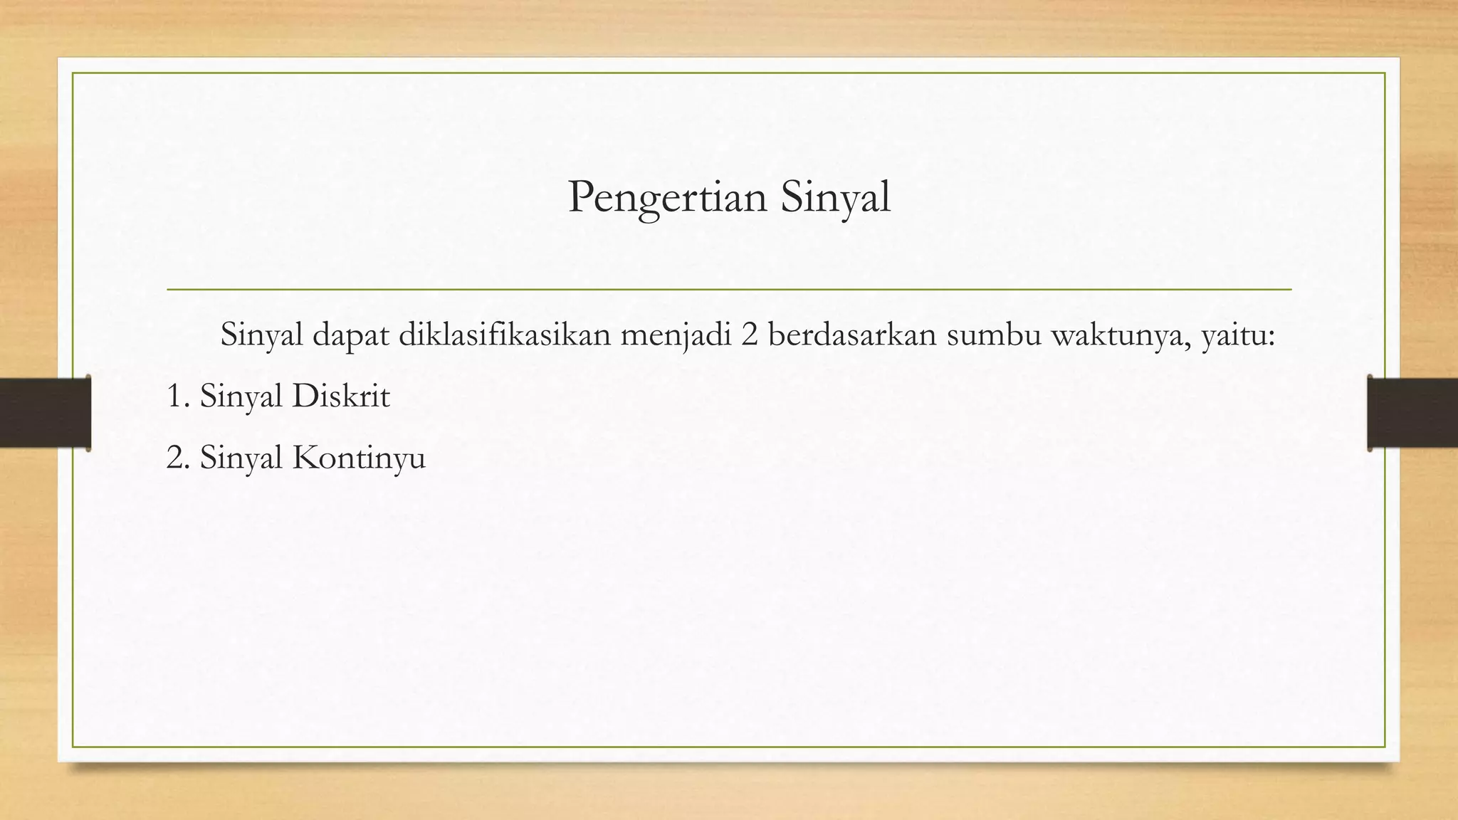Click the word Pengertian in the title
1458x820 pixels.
[667, 197]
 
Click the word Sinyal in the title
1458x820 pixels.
[835, 197]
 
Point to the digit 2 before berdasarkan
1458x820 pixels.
[749, 335]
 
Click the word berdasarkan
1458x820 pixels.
[851, 335]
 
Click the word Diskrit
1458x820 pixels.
[341, 396]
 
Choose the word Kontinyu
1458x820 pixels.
[359, 457]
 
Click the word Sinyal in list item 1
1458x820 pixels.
[241, 396]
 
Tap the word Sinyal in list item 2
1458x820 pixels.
[241, 457]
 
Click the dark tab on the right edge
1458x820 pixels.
[1412, 413]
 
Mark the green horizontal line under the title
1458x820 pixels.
[729, 290]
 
